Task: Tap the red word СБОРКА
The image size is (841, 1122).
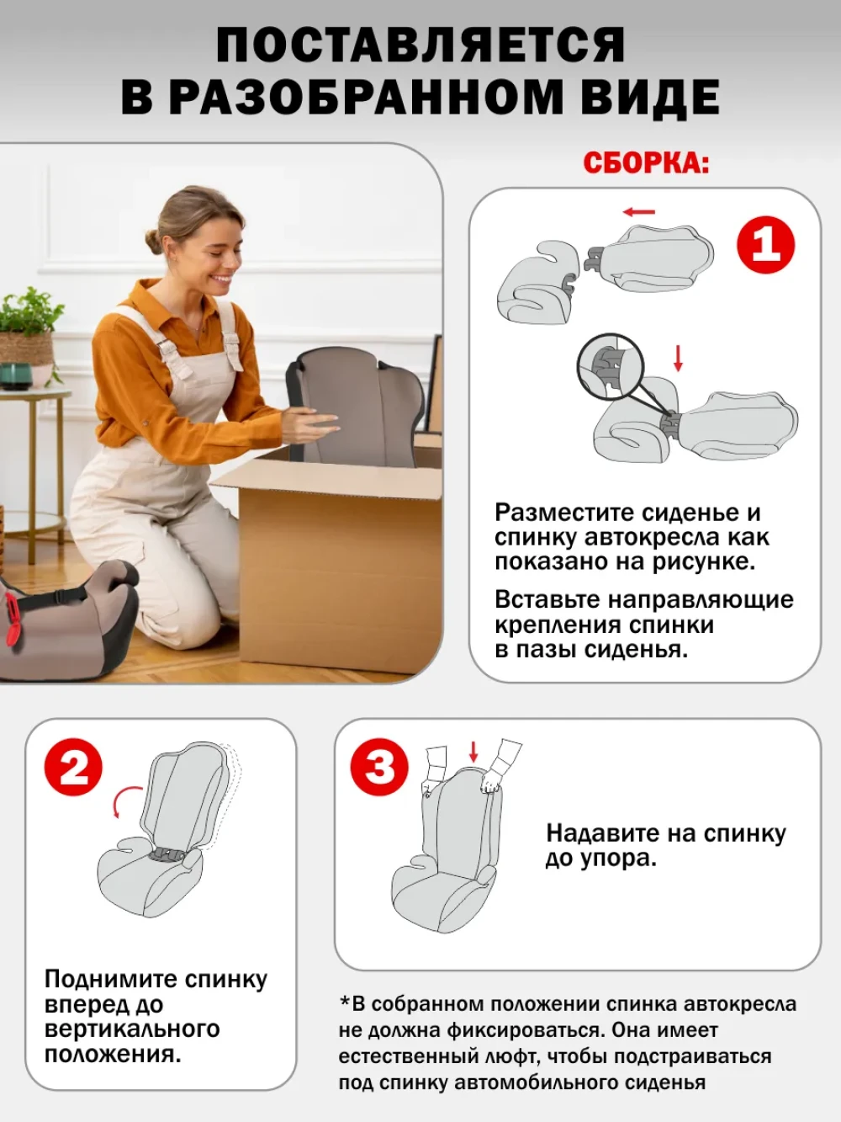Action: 646,163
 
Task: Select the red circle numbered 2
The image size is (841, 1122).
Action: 73,768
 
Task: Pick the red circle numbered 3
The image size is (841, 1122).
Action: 379,768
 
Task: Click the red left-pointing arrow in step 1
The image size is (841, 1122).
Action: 639,211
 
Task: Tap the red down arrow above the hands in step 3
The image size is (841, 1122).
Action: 473,752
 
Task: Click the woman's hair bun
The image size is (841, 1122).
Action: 153,240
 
